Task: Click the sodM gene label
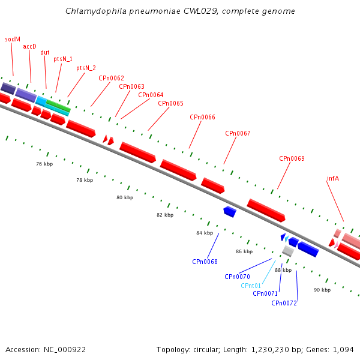click(x=13, y=39)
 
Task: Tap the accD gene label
click(x=29, y=46)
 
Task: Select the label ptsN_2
click(x=86, y=68)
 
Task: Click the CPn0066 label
click(x=202, y=117)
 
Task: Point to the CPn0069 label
click(x=292, y=158)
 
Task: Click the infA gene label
click(x=333, y=178)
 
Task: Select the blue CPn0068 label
click(x=205, y=262)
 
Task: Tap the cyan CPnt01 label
click(x=251, y=286)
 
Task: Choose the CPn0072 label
click(x=284, y=303)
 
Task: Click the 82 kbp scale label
click(x=165, y=215)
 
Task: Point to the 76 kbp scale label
click(x=44, y=164)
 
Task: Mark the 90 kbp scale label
click(x=322, y=290)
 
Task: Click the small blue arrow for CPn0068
click(x=229, y=211)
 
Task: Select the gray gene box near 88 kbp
click(x=288, y=251)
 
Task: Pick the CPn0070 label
click(x=237, y=277)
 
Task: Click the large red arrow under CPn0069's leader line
click(x=265, y=210)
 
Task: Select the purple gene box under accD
click(x=26, y=94)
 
